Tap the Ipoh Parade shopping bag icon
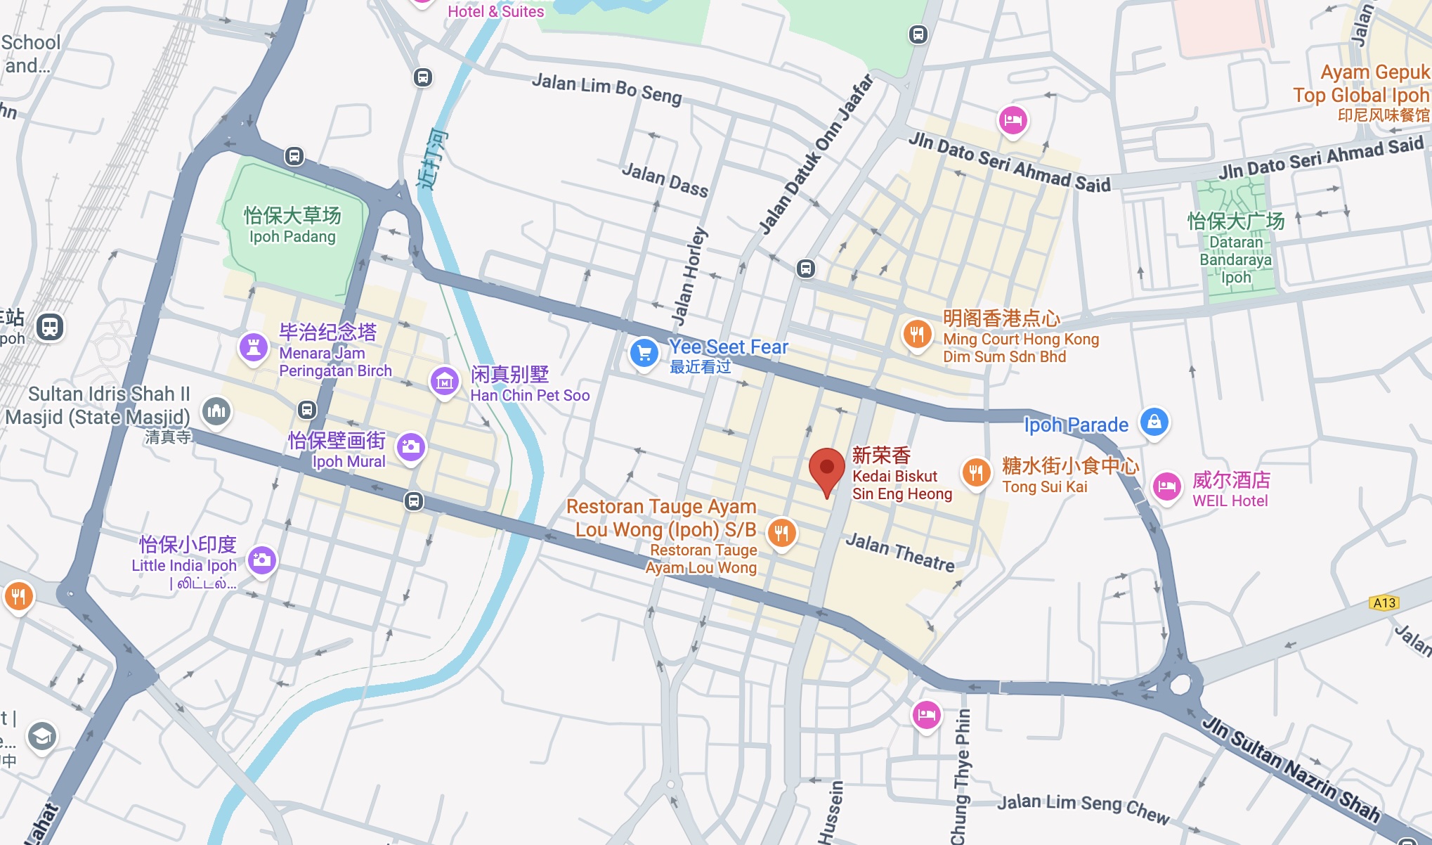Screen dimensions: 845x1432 coord(1154,422)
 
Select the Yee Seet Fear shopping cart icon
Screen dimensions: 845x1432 coord(644,354)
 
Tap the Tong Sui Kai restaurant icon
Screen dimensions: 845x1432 coord(976,473)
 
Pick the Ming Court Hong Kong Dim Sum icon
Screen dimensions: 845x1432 coord(917,334)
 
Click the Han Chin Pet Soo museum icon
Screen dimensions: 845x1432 coord(444,382)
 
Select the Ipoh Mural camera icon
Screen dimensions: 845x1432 coord(411,446)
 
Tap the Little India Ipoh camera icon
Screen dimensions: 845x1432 coord(262,560)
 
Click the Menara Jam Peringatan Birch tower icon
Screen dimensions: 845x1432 coord(254,347)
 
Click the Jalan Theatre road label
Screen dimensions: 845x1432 coord(900,552)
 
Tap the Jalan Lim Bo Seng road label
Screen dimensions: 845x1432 coord(606,89)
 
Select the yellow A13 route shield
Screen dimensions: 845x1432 coord(1384,602)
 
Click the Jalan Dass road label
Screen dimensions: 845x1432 coord(665,179)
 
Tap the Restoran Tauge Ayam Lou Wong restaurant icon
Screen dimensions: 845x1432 coord(781,533)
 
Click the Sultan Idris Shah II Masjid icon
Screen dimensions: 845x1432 coord(216,411)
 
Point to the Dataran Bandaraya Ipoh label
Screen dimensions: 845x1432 coord(1235,259)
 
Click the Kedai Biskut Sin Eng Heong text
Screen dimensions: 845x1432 coord(901,485)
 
